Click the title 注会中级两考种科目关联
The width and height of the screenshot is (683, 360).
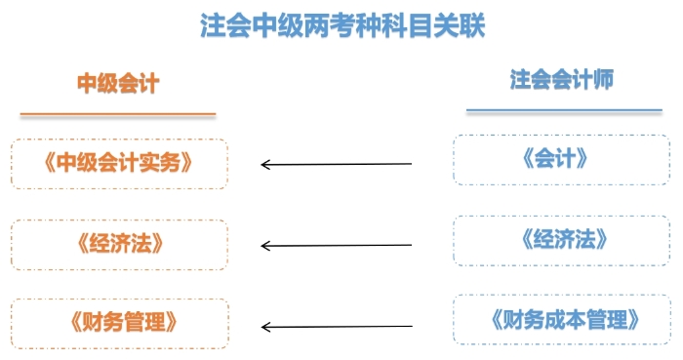click(342, 25)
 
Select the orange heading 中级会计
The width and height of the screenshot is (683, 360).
click(117, 84)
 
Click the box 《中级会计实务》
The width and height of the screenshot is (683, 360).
click(119, 163)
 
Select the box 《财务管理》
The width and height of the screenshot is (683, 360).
click(119, 321)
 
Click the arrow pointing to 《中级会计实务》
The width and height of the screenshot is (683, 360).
click(337, 164)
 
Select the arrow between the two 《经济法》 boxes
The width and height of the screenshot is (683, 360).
click(337, 245)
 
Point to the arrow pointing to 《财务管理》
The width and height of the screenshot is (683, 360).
click(337, 326)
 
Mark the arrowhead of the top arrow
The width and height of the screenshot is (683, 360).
click(266, 164)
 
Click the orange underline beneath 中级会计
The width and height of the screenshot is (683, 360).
click(117, 114)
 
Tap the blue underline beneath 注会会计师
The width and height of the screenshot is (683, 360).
click(564, 110)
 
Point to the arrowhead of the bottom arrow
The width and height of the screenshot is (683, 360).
click(266, 326)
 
